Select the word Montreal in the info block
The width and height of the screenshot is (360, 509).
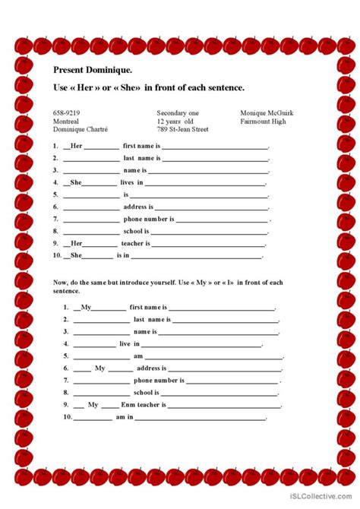tap(66, 120)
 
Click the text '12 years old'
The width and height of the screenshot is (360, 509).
tap(176, 120)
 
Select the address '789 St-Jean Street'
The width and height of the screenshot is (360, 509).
tap(182, 129)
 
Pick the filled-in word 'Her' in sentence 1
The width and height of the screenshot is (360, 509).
tap(76, 146)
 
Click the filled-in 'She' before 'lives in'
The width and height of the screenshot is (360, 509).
tap(76, 182)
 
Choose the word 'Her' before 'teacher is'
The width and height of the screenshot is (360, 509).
tap(76, 244)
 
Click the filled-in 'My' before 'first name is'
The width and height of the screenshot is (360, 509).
tap(86, 307)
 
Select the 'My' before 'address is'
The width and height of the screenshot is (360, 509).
tap(99, 368)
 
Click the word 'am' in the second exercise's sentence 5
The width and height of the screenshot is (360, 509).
tap(138, 356)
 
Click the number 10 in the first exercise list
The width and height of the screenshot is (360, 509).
tap(56, 256)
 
